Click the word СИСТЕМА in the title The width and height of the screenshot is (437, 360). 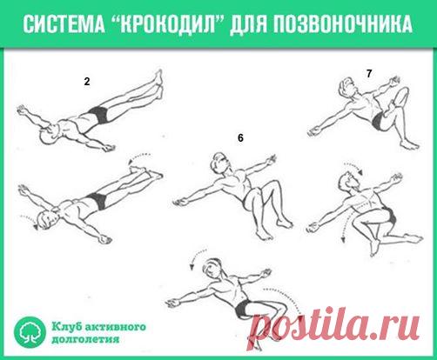(64, 23)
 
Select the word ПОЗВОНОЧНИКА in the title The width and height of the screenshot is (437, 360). (343, 23)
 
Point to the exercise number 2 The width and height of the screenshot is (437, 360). (87, 82)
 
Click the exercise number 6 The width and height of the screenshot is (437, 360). (240, 138)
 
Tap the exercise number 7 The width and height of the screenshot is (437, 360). (369, 74)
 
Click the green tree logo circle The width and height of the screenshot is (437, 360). (30, 332)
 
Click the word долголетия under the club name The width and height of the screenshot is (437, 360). (86, 339)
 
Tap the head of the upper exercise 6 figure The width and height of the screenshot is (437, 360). (220, 162)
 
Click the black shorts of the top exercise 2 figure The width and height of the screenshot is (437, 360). (98, 115)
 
